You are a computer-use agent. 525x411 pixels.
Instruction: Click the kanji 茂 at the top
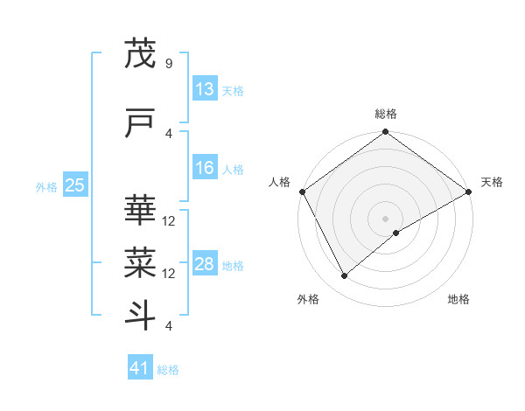(x=141, y=54)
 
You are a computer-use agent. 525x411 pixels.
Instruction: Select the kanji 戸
(x=141, y=124)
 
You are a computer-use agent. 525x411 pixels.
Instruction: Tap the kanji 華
(x=141, y=211)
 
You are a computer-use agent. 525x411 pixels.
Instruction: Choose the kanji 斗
(x=141, y=313)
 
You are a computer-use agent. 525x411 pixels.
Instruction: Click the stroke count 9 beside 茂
(x=169, y=63)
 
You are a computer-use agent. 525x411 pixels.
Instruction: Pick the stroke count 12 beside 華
(x=170, y=220)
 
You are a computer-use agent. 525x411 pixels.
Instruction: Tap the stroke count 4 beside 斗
(x=169, y=326)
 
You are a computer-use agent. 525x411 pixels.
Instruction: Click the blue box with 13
(x=204, y=89)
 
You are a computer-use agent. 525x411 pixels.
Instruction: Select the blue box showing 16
(x=204, y=168)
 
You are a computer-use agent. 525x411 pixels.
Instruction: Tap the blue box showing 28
(x=204, y=264)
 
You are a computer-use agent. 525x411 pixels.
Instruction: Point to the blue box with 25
(x=75, y=185)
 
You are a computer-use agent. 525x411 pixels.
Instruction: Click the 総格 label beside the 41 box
(x=169, y=370)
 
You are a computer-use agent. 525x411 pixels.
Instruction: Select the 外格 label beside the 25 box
(x=46, y=187)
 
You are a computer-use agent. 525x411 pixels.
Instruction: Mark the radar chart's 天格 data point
(x=469, y=192)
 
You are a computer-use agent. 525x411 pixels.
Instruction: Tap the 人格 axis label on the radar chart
(x=279, y=181)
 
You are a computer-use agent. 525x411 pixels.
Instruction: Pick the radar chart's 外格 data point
(x=344, y=276)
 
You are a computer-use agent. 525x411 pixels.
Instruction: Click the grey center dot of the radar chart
(x=386, y=218)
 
